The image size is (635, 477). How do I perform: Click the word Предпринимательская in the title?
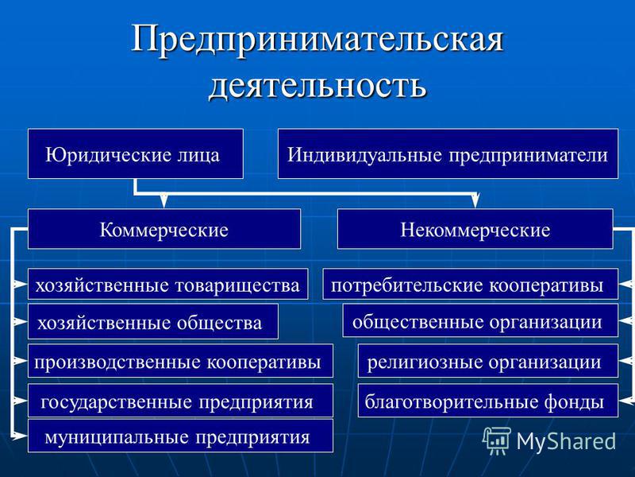[317, 39]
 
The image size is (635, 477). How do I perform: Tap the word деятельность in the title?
[318, 86]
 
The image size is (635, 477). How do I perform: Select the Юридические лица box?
[136, 153]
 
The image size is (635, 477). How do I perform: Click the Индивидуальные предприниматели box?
[448, 153]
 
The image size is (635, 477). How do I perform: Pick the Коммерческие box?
[164, 229]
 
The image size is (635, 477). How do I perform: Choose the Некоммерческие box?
[475, 229]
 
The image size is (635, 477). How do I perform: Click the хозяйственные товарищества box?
[168, 284]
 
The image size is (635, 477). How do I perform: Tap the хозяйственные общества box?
[153, 321]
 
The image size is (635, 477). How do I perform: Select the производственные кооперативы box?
[181, 361]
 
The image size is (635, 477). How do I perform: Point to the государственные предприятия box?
[181, 401]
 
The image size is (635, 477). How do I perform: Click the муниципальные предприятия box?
[181, 436]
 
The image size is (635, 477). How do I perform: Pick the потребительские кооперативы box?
[471, 284]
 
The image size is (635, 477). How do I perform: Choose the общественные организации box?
[481, 320]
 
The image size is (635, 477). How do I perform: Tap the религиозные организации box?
[488, 361]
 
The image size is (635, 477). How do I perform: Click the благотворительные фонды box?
[488, 401]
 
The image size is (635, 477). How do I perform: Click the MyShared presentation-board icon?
[497, 440]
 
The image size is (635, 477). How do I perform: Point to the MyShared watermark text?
[566, 441]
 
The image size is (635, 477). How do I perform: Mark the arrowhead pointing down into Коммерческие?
[164, 201]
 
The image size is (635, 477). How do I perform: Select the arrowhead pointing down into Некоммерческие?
[475, 201]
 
